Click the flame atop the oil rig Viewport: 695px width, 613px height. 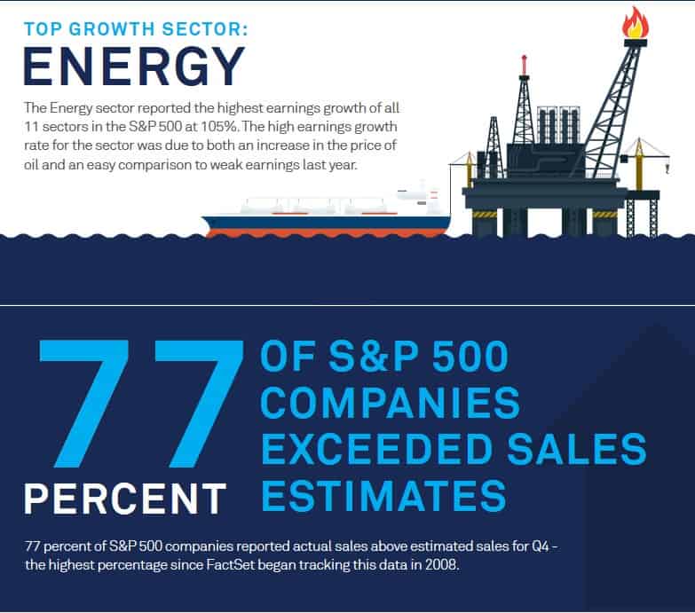coord(636,21)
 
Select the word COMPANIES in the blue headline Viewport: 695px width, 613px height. coord(391,404)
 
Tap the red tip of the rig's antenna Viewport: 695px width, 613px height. coord(524,59)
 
